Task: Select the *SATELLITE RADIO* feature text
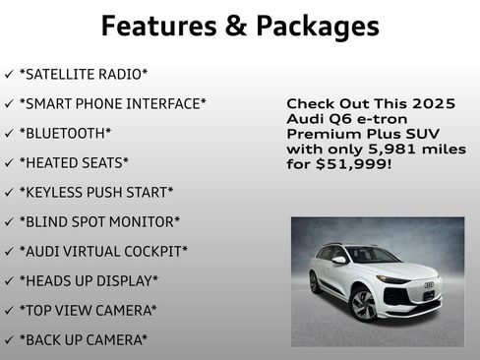pyautogui.click(x=84, y=74)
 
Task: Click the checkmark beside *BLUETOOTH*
pyautogui.click(x=9, y=133)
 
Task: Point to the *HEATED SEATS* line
pyautogui.click(x=74, y=162)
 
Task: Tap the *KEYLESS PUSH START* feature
pyautogui.click(x=96, y=192)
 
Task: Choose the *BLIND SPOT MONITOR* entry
pyautogui.click(x=99, y=221)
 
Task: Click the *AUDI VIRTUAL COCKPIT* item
pyautogui.click(x=103, y=251)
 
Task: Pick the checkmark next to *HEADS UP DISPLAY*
pyautogui.click(x=9, y=280)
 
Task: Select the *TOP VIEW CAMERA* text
pyautogui.click(x=88, y=310)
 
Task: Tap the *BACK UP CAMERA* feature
pyautogui.click(x=84, y=339)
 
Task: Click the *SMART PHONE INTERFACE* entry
pyautogui.click(x=112, y=103)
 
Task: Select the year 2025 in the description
pyautogui.click(x=437, y=102)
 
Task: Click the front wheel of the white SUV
pyautogui.click(x=362, y=304)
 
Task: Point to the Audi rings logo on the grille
pyautogui.click(x=429, y=285)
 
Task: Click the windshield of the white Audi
pyautogui.click(x=372, y=255)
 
